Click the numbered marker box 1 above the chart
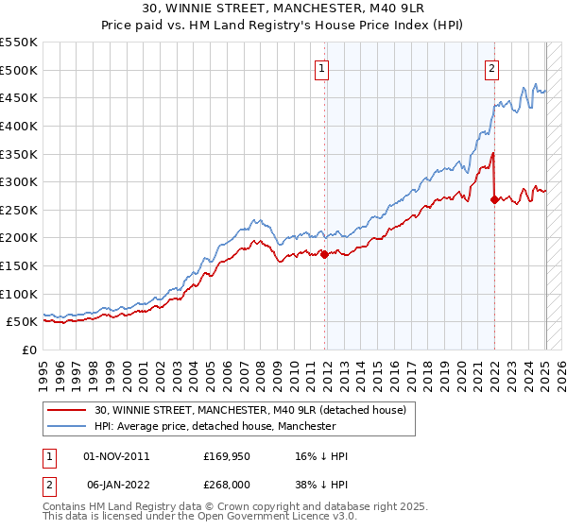click(322, 68)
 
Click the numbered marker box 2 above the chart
click(492, 68)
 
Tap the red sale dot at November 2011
click(324, 254)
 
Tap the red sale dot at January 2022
click(494, 199)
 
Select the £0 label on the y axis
click(28, 350)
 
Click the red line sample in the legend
click(67, 410)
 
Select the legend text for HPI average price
click(215, 427)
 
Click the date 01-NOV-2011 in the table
click(117, 456)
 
